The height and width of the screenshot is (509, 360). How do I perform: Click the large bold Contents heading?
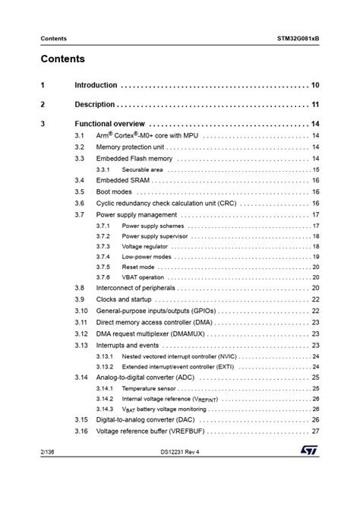62,59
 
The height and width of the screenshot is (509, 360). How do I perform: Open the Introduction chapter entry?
96,85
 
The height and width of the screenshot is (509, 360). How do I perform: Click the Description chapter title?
94,104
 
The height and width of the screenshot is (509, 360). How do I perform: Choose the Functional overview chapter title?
109,123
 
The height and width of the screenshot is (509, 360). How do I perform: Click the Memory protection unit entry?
130,147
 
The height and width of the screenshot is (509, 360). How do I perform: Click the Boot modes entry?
114,192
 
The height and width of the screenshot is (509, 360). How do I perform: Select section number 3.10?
81,311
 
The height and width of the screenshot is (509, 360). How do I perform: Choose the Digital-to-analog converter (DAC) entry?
146,419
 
